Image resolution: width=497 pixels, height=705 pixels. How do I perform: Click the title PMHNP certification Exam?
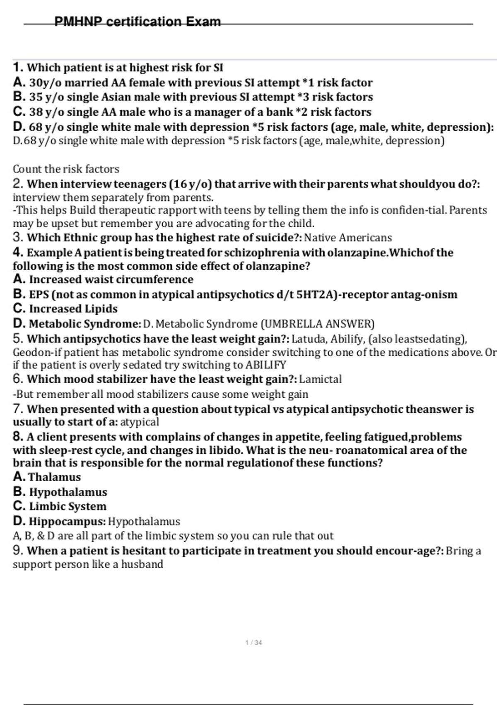(x=138, y=22)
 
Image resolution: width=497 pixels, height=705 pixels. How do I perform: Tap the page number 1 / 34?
(x=253, y=642)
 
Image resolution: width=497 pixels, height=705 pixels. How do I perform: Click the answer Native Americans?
(x=348, y=238)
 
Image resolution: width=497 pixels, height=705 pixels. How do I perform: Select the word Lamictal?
(x=320, y=379)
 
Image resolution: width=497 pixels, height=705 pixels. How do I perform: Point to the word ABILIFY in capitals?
(x=265, y=365)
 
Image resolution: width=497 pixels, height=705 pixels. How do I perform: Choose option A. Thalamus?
(x=47, y=477)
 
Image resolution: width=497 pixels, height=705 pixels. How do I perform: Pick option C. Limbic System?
(x=60, y=506)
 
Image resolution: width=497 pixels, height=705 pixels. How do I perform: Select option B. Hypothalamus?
(x=60, y=492)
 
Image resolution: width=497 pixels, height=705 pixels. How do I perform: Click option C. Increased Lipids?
(x=65, y=309)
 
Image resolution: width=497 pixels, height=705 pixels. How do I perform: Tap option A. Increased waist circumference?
(x=103, y=280)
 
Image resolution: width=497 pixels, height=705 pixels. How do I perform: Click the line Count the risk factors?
(x=66, y=169)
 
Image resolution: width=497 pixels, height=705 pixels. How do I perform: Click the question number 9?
(x=17, y=551)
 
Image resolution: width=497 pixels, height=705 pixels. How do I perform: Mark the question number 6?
(x=17, y=379)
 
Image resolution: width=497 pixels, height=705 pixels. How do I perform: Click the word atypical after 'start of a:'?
(x=140, y=422)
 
